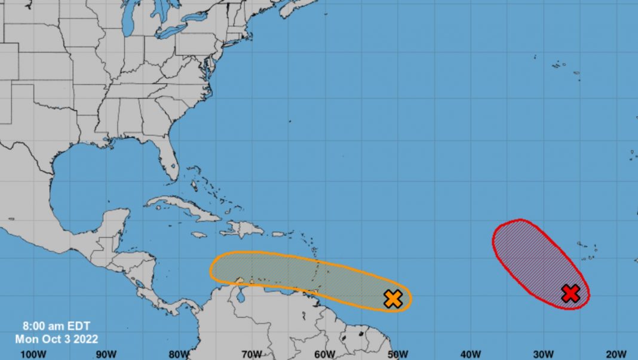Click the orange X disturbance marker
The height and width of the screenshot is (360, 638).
pyautogui.click(x=392, y=299)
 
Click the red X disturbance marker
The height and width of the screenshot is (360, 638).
pyautogui.click(x=571, y=293)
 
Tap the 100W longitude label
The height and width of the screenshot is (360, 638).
pyautogui.click(x=33, y=354)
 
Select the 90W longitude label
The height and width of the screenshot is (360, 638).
pyautogui.click(x=105, y=354)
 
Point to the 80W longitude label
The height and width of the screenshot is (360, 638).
pyautogui.click(x=179, y=354)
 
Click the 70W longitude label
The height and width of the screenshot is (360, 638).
pyautogui.click(x=251, y=354)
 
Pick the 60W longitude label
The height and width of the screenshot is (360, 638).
pyautogui.click(x=324, y=354)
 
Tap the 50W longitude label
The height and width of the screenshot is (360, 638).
pyautogui.click(x=397, y=354)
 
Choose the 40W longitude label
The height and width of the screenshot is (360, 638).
pyautogui.click(x=471, y=354)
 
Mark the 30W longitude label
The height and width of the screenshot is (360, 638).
pyautogui.click(x=544, y=354)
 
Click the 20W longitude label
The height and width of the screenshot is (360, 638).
pyautogui.click(x=616, y=354)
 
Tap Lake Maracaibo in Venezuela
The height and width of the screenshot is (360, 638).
pyautogui.click(x=243, y=294)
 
